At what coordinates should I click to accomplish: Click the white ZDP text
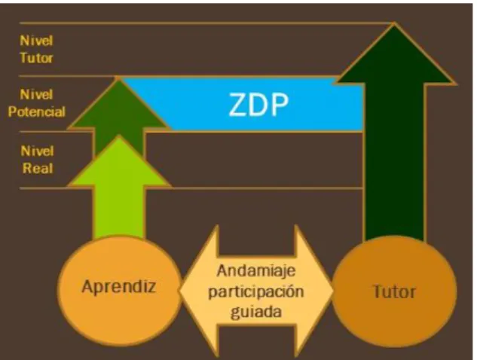tap(258, 105)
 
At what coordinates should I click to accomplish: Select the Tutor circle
tap(395, 291)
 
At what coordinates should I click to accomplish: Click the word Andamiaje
tap(256, 270)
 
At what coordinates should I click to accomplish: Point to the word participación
tap(256, 291)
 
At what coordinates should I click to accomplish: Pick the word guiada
tap(256, 313)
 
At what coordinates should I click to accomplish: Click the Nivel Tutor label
tap(36, 49)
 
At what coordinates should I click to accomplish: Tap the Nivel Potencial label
tap(36, 103)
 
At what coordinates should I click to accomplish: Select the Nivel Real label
tap(38, 160)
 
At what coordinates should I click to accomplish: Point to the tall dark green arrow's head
tap(395, 55)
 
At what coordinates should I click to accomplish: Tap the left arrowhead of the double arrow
tap(199, 291)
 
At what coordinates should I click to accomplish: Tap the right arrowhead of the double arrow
tap(314, 291)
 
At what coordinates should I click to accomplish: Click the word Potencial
tap(36, 111)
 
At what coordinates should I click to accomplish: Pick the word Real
tap(38, 168)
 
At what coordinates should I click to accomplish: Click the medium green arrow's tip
tap(118, 78)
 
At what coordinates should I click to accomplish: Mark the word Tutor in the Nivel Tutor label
tap(36, 58)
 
